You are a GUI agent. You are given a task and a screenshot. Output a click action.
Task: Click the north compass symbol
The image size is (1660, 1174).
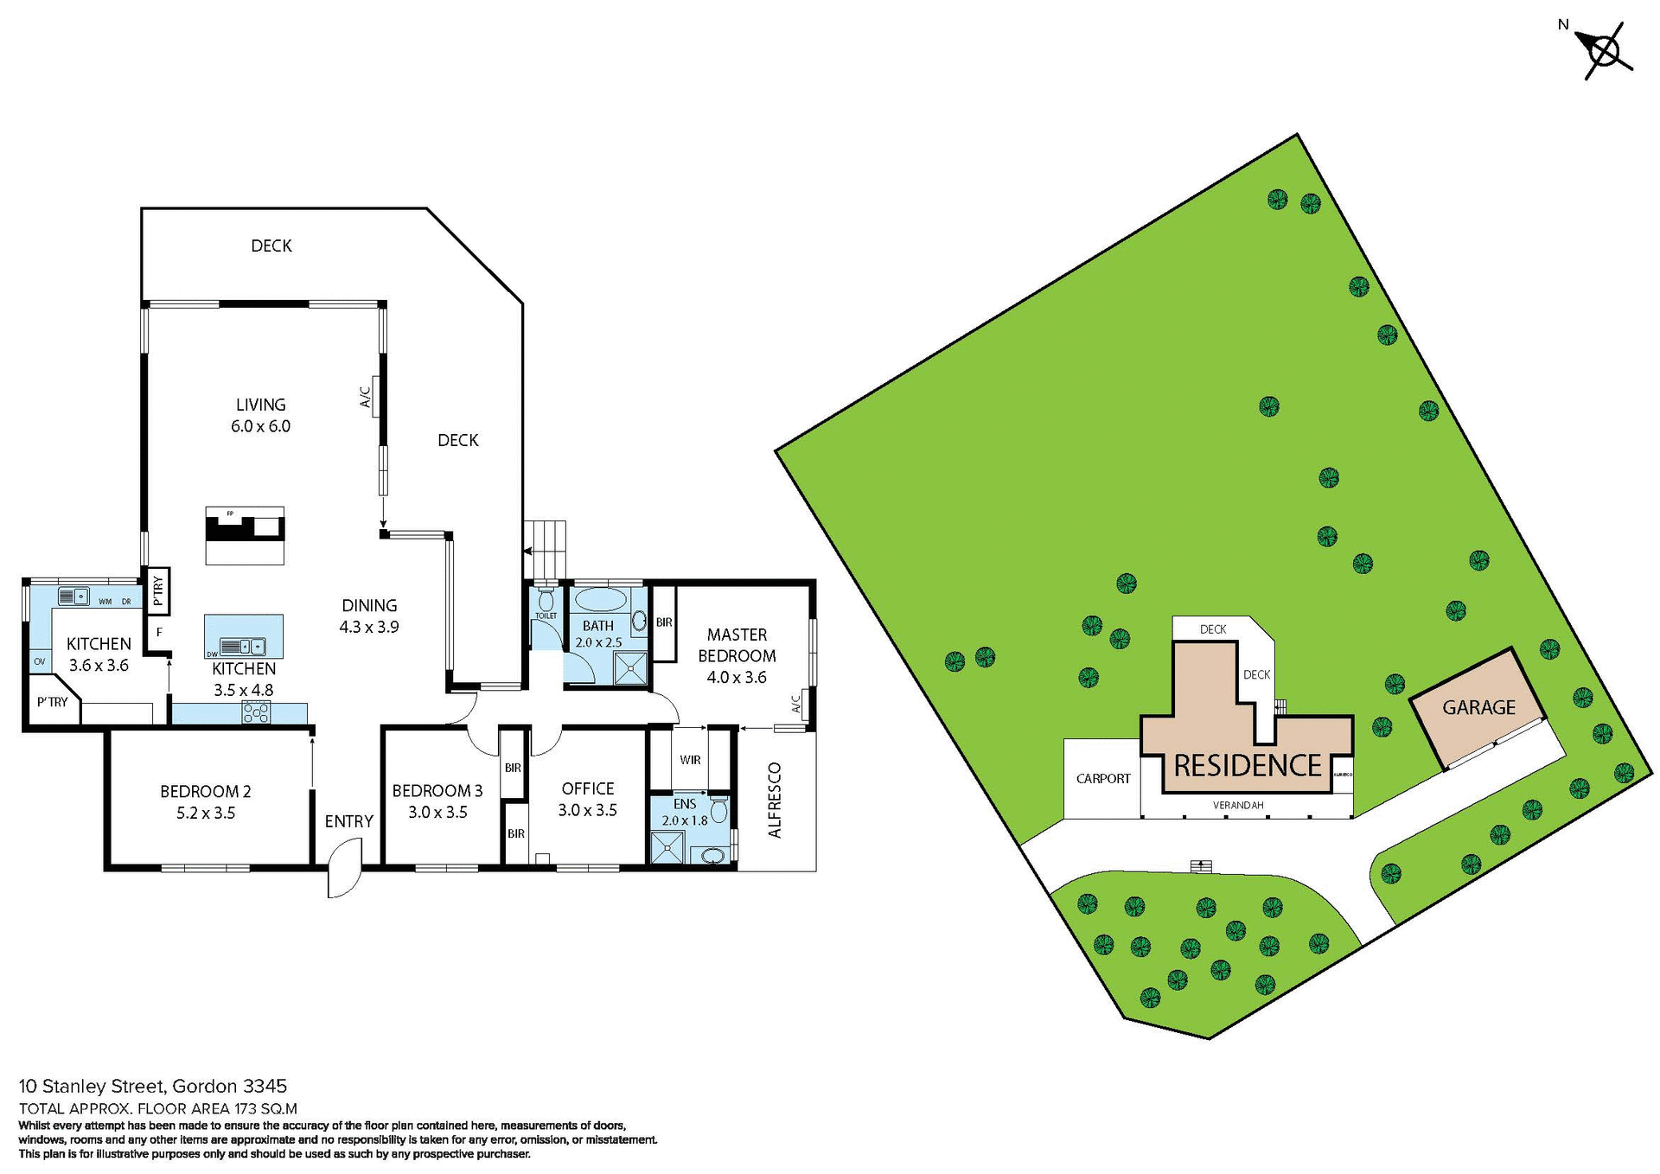click(x=1606, y=52)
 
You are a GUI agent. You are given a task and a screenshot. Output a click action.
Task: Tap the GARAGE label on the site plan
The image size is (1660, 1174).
click(x=1478, y=707)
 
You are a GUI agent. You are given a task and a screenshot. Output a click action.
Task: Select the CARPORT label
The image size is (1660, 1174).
click(x=1102, y=778)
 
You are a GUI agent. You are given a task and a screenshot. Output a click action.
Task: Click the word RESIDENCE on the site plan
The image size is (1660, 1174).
click(x=1247, y=765)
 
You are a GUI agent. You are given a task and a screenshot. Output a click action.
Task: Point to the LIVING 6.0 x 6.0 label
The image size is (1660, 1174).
click(x=260, y=415)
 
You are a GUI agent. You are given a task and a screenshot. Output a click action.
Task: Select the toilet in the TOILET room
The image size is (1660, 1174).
click(x=546, y=601)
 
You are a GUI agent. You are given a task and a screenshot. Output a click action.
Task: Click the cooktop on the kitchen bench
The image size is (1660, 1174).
click(x=257, y=711)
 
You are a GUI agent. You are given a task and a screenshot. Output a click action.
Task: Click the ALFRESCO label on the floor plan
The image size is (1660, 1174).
click(x=775, y=800)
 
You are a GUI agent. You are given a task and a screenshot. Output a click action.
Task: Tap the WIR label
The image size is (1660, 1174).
click(x=690, y=760)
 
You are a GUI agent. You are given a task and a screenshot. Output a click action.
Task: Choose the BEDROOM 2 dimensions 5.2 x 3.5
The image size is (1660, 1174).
click(x=206, y=813)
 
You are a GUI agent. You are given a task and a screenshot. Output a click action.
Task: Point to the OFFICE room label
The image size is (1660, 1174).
click(x=588, y=788)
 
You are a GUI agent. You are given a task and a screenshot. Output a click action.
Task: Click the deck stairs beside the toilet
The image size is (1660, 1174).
click(x=546, y=549)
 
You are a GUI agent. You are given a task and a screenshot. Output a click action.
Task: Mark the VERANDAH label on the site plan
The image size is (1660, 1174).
click(x=1238, y=805)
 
